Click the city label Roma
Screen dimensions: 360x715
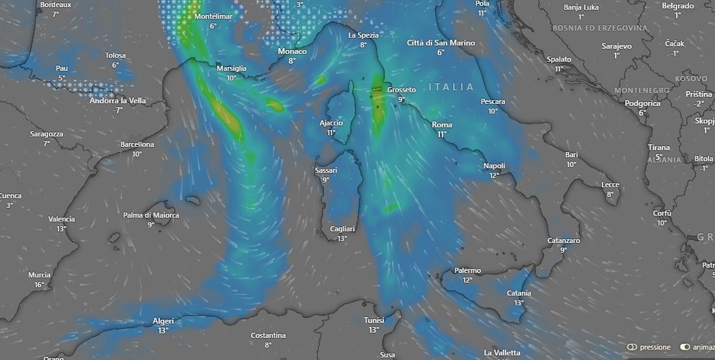[x=442, y=125]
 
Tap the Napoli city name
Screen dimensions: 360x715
[x=494, y=166]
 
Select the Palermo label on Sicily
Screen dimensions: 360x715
[x=467, y=270]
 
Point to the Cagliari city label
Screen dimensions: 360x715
[x=342, y=229]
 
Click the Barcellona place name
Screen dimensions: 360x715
[x=136, y=144]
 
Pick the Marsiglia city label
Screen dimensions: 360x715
[x=231, y=68]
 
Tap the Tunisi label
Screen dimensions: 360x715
[x=374, y=320]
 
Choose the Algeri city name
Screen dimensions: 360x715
[x=162, y=320]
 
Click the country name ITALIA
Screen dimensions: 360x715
[x=452, y=87]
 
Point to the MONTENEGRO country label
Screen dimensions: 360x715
[x=642, y=90]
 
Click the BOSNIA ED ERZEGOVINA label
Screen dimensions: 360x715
[x=599, y=29]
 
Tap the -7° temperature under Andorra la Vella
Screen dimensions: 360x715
[x=118, y=110]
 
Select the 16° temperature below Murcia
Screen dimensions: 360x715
[x=39, y=285]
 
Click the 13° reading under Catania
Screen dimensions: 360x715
[x=519, y=303]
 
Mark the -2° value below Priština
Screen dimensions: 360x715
[x=699, y=103]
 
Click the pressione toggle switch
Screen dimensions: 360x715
[x=632, y=347]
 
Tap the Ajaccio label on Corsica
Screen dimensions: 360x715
[x=331, y=123]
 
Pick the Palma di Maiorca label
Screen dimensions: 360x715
[x=151, y=215]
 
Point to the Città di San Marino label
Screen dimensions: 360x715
[x=441, y=43]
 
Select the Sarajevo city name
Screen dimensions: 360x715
[x=616, y=46]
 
